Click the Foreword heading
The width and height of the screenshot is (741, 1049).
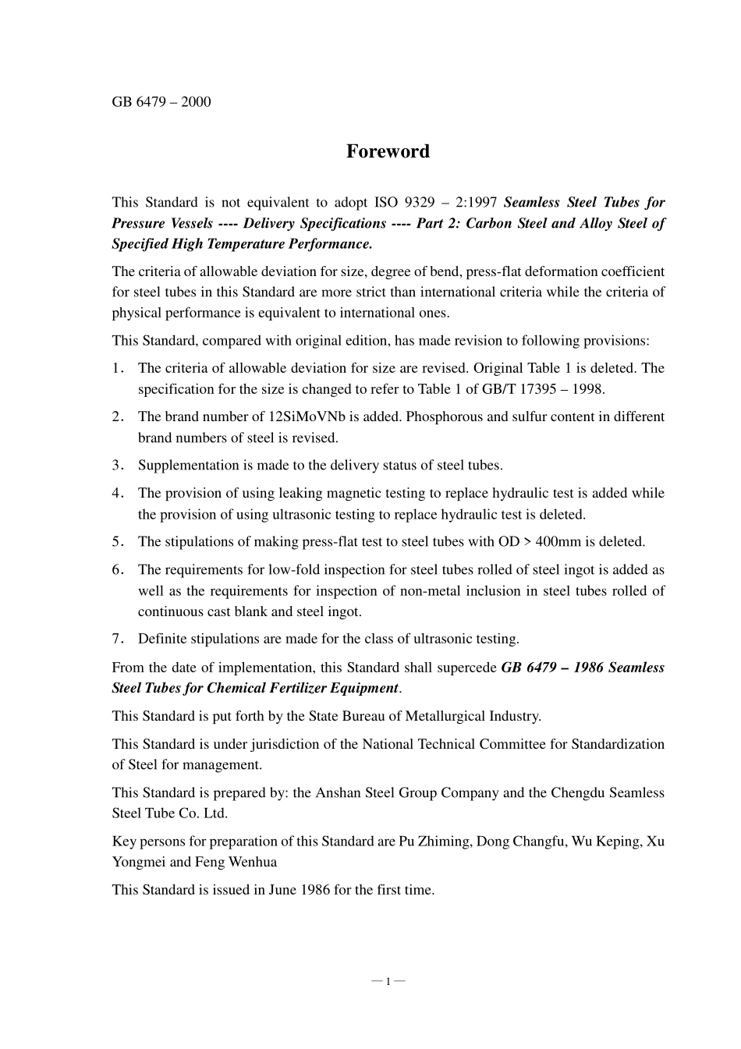(x=388, y=151)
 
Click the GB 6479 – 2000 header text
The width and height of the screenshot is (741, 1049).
(x=161, y=102)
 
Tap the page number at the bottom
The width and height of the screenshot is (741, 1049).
(x=388, y=980)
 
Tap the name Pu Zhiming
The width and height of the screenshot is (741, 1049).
(x=434, y=842)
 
